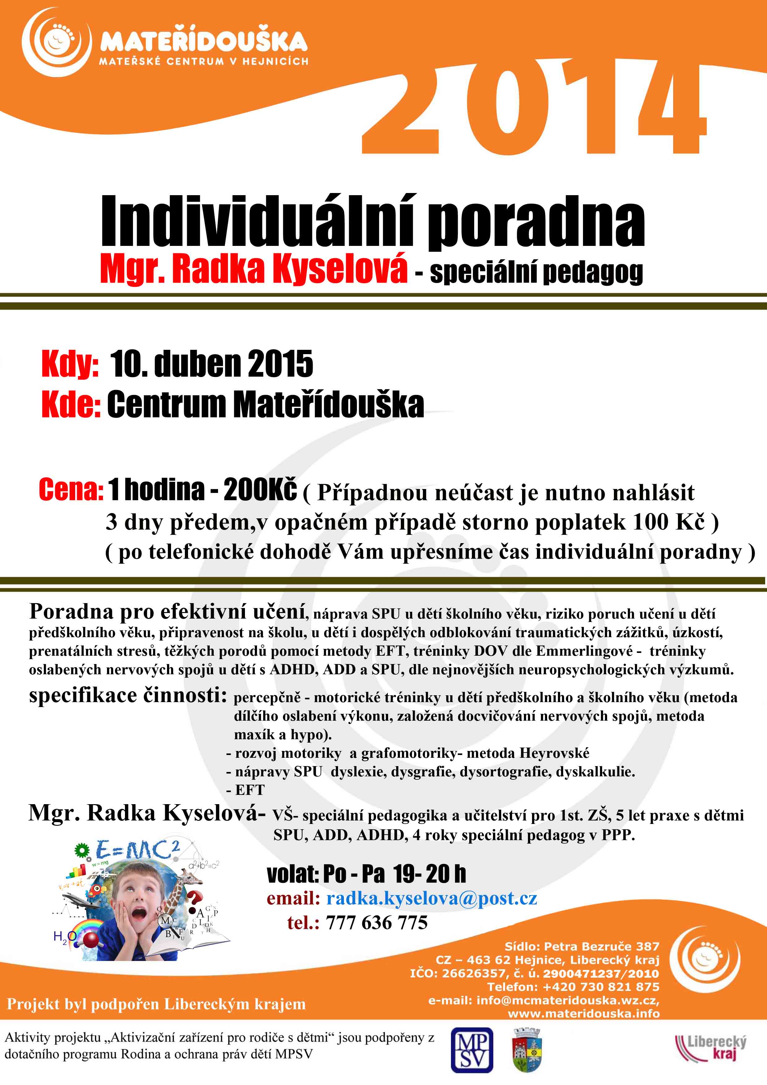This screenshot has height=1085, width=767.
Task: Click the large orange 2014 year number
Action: coord(534,106)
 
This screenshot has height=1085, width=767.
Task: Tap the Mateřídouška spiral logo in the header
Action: coord(56,43)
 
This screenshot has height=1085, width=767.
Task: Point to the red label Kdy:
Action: coord(70,364)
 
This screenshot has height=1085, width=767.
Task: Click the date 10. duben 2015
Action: coord(211,364)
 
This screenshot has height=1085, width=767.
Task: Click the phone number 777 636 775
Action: coord(377,922)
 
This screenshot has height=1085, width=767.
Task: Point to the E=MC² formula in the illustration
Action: coord(137,851)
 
